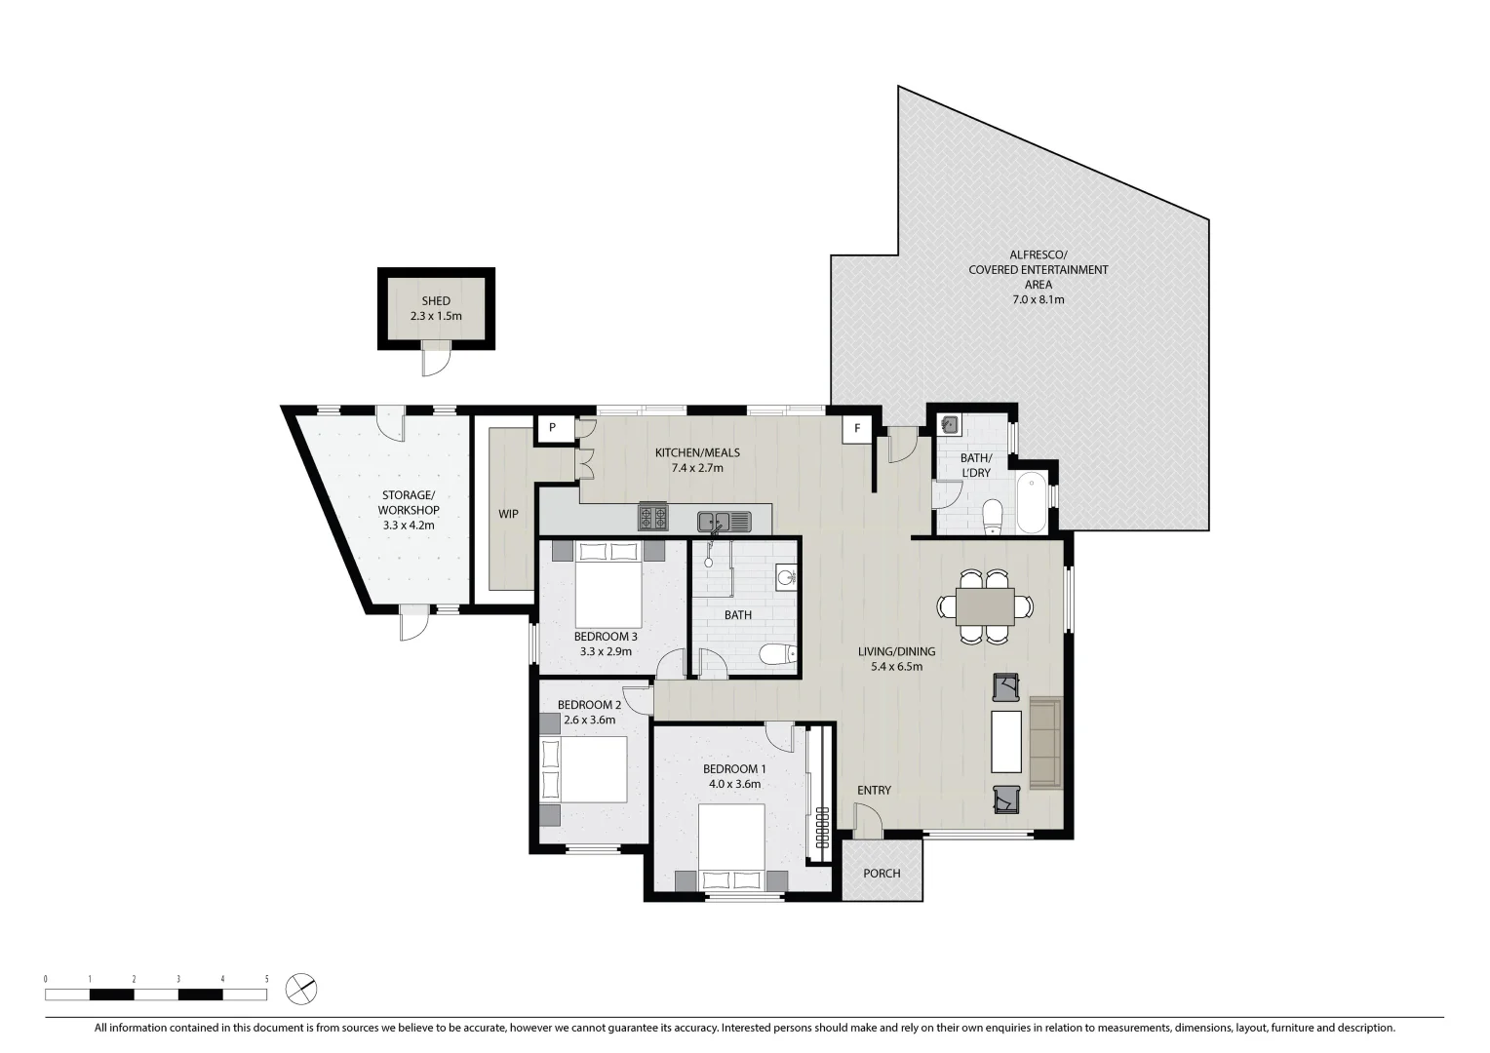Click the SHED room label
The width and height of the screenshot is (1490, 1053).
tap(436, 301)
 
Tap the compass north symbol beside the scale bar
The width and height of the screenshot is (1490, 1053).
tap(301, 988)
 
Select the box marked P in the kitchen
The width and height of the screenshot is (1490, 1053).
tap(552, 427)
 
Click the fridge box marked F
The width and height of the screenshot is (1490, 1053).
tap(857, 427)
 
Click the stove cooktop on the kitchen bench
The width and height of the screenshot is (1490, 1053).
tap(652, 516)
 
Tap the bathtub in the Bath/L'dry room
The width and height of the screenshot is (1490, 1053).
tap(1032, 503)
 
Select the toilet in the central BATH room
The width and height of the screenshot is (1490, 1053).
tap(777, 654)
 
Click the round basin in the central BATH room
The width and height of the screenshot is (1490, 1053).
tap(786, 577)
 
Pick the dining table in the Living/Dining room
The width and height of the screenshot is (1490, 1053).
tap(985, 606)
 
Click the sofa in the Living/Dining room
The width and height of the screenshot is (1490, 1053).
tap(1045, 743)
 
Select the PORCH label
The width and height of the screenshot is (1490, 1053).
tap(882, 873)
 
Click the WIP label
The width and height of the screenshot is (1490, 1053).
tap(508, 514)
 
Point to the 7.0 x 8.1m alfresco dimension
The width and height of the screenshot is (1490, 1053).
tap(1038, 299)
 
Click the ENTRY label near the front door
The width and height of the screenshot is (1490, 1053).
tap(874, 790)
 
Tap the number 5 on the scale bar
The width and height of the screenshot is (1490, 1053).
tap(266, 978)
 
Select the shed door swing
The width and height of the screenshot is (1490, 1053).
tap(436, 362)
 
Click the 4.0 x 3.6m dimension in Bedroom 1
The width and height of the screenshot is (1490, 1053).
tap(734, 783)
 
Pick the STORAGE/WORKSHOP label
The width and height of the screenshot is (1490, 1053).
tap(409, 510)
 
